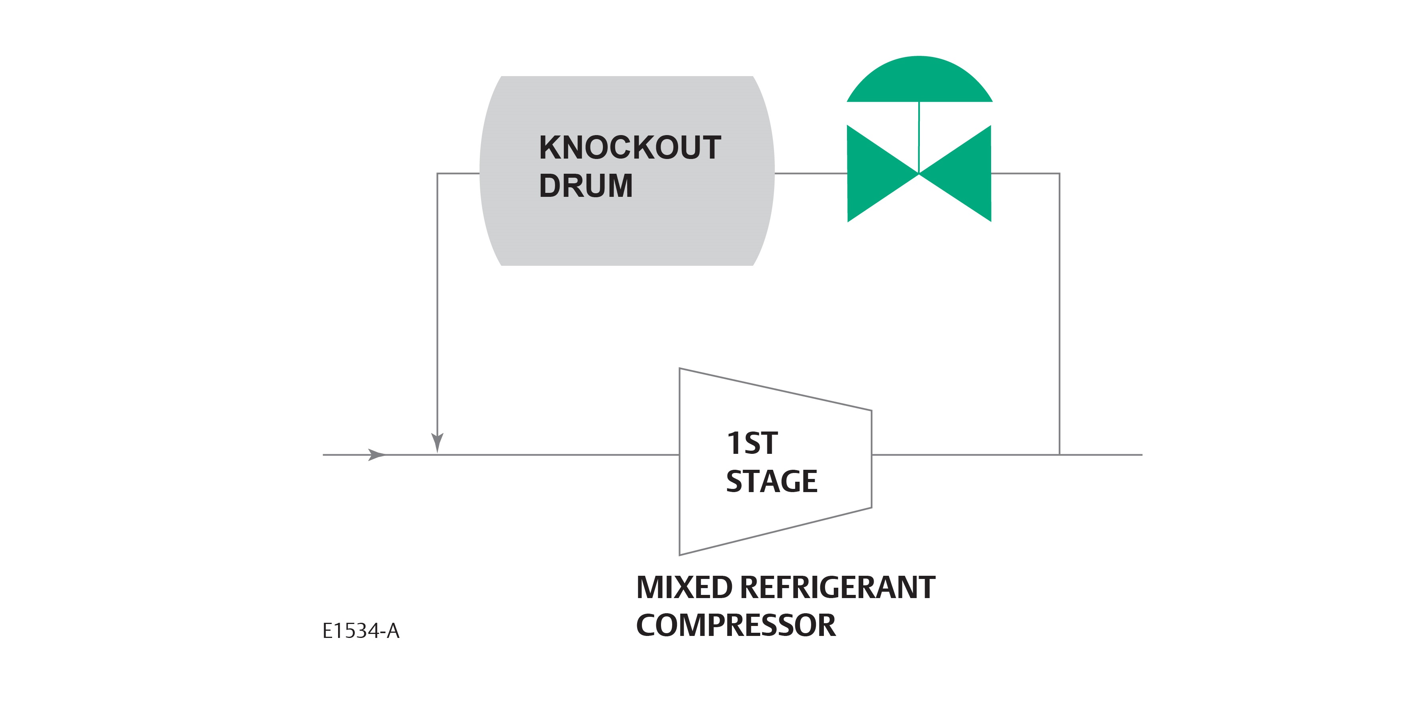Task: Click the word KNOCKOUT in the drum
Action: (x=630, y=147)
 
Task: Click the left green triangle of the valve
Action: (x=874, y=173)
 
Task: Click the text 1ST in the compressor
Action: (x=751, y=443)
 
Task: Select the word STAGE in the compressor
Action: (x=771, y=481)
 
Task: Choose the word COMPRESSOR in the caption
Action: (x=735, y=625)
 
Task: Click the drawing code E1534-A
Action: (x=361, y=631)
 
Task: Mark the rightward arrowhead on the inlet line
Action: (x=377, y=455)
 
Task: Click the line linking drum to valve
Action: (x=811, y=173)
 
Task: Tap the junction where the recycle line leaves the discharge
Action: (x=1059, y=455)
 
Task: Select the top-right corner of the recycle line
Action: (x=1059, y=174)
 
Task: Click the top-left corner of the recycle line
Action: (x=438, y=174)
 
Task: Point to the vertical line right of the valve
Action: (x=1059, y=314)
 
